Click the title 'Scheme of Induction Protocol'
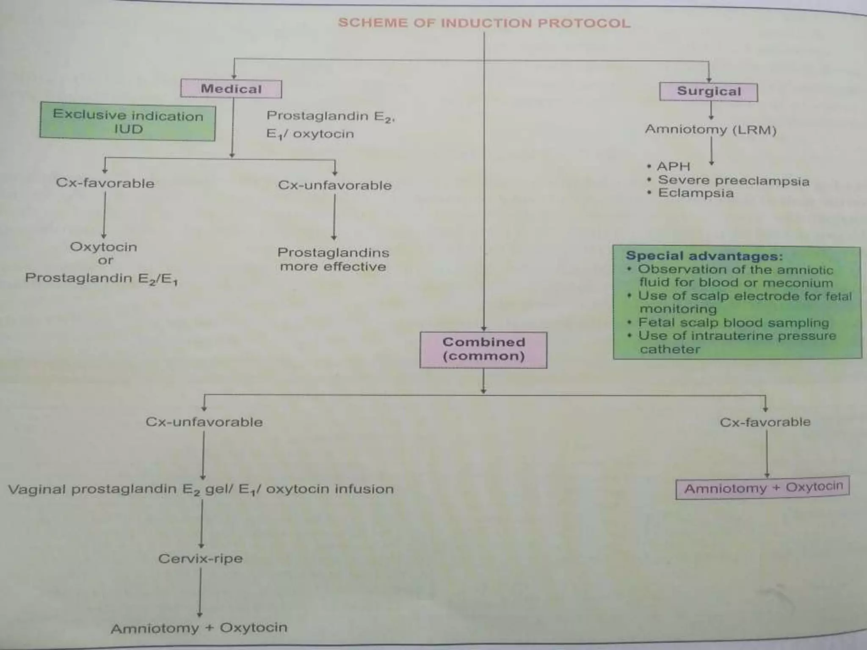coord(484,23)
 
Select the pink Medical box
coord(231,89)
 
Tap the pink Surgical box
coord(709,92)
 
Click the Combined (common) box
coord(483,350)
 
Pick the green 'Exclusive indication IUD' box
coord(127,122)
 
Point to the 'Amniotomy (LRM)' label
coord(710,129)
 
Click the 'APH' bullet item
coord(673,166)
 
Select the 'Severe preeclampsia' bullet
coord(733,181)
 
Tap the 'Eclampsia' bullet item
coord(696,193)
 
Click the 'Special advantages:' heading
coord(704,256)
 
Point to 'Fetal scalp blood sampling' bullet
coord(733,322)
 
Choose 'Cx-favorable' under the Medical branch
coord(105,183)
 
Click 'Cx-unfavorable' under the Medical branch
coord(334,185)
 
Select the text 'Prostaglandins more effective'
coord(333,259)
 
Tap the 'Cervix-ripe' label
coord(201,559)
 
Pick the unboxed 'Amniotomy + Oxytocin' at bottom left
coord(199,628)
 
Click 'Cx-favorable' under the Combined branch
coord(765,422)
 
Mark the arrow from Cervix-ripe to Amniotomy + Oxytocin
coord(200,592)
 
